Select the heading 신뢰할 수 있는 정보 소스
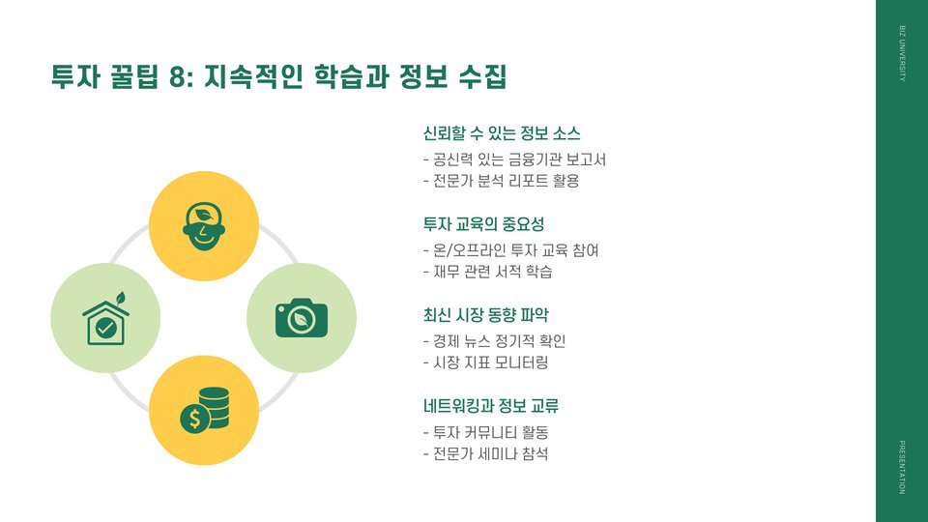[x=501, y=133]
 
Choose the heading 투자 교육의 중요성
[x=483, y=224]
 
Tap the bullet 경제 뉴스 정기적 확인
[x=494, y=341]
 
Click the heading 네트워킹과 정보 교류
[x=491, y=406]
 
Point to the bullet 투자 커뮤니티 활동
[x=492, y=432]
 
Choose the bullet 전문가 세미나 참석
[x=486, y=453]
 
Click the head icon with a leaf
[x=203, y=226]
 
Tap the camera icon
[x=302, y=317]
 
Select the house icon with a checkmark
[x=105, y=318]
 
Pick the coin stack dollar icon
[x=205, y=410]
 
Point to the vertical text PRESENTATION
[x=902, y=466]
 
